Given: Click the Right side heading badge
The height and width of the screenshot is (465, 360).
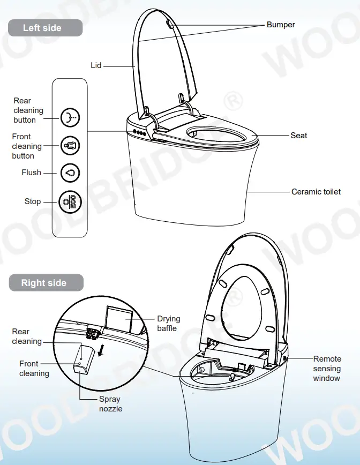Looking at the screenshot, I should click(44, 283).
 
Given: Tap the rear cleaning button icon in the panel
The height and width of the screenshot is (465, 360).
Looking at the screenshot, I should click(70, 117).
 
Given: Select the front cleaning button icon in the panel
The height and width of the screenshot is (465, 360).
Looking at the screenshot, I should click(70, 145).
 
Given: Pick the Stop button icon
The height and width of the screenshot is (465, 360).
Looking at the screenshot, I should click(70, 201).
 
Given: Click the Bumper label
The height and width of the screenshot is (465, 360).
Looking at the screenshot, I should click(281, 25).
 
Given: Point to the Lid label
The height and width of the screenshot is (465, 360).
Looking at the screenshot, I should click(96, 65).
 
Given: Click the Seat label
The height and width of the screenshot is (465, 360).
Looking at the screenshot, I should click(299, 136).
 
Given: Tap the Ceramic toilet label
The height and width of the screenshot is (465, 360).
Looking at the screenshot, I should click(316, 191).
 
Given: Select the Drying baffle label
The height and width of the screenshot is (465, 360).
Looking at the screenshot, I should click(168, 324).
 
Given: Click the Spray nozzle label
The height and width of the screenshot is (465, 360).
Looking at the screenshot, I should click(110, 404).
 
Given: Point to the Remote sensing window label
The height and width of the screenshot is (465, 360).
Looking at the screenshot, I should click(327, 369).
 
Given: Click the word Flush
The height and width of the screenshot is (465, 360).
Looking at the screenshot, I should click(31, 172).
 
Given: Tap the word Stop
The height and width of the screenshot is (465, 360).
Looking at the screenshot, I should click(33, 201).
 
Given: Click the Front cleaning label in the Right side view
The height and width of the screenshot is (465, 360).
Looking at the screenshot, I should click(34, 369).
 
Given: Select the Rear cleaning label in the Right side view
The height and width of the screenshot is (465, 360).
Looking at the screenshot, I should click(27, 336).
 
